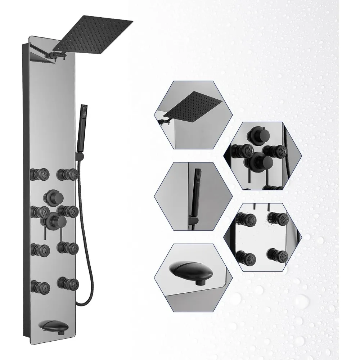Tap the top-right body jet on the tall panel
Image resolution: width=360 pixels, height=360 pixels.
(69, 174)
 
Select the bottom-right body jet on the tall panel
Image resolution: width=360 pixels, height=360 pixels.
(68, 282)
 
